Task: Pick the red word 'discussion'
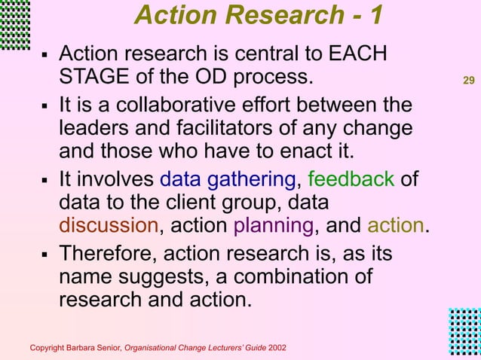tap(109, 227)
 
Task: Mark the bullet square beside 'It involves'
tap(44, 181)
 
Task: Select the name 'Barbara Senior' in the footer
tap(93, 348)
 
